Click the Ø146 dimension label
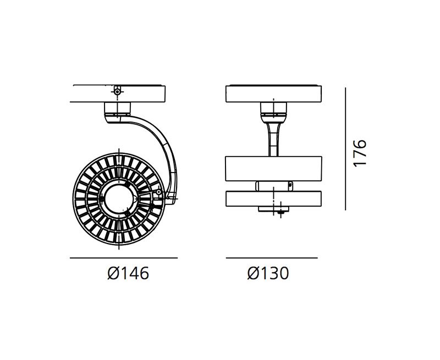click(x=128, y=273)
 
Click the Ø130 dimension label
click(x=268, y=273)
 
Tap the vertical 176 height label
click(x=360, y=153)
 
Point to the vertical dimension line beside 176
click(x=345, y=148)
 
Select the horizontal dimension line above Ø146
click(x=123, y=258)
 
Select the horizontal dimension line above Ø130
click(x=272, y=258)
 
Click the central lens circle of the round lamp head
click(x=119, y=199)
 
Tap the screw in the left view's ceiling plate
click(x=118, y=91)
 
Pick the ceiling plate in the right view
click(x=273, y=93)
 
